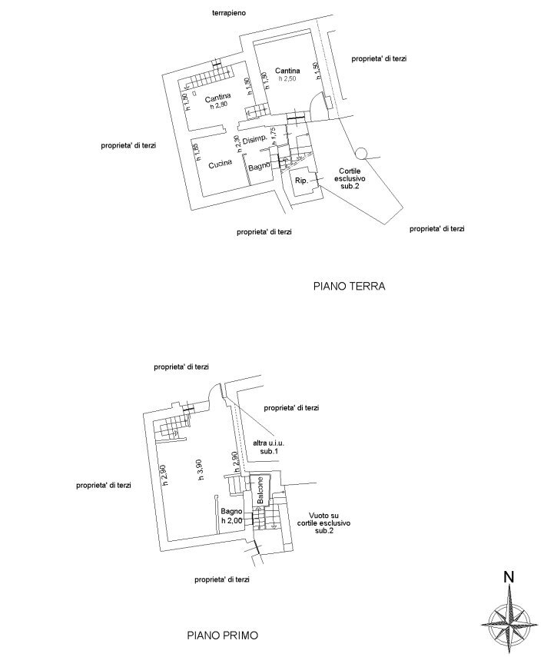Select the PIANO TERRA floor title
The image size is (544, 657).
[349, 287]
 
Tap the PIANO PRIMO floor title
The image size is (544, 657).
[223, 636]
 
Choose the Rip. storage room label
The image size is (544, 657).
[302, 181]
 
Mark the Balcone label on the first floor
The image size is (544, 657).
[261, 490]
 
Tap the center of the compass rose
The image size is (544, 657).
[508, 617]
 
